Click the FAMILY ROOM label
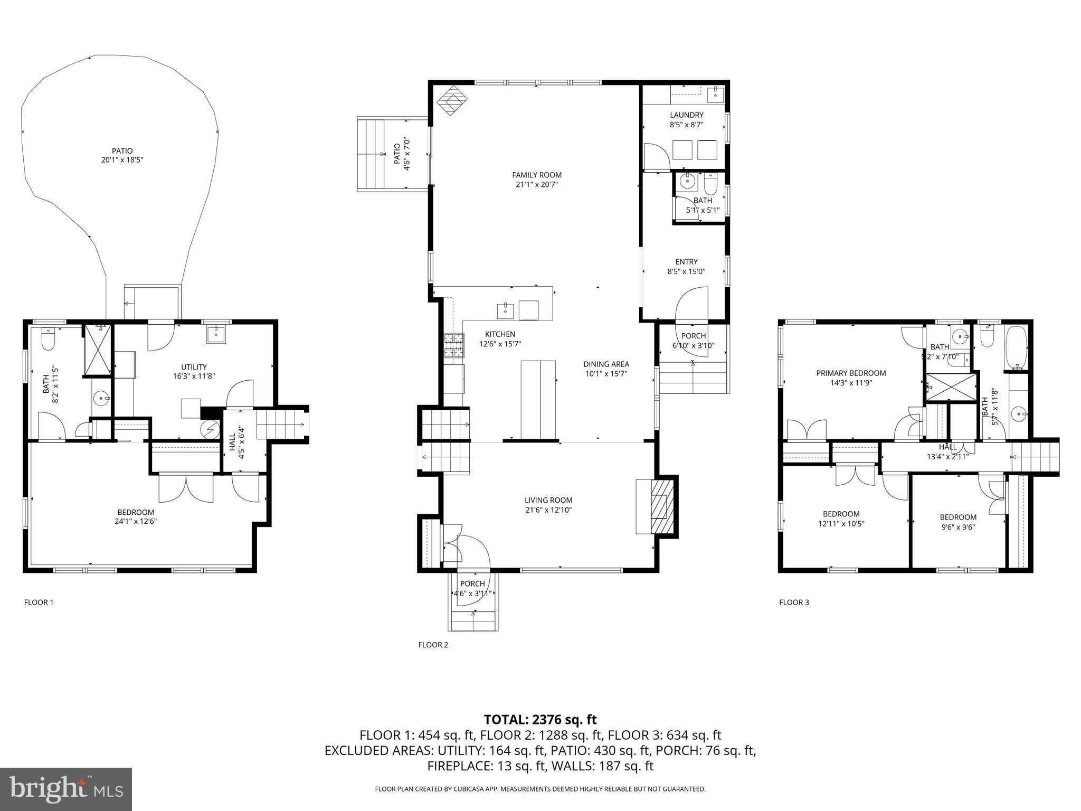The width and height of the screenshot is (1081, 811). click(x=536, y=175)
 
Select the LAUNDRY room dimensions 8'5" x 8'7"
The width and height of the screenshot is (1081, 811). click(x=686, y=125)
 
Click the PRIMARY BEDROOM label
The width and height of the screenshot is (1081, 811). click(x=851, y=373)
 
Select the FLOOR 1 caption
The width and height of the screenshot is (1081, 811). click(x=39, y=602)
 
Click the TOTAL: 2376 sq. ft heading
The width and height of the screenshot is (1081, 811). click(x=540, y=719)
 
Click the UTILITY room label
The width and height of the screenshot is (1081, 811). click(x=194, y=367)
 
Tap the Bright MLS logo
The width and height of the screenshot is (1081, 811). click(x=66, y=789)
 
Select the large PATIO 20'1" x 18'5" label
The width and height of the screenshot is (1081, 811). click(x=122, y=155)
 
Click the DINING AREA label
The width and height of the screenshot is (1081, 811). click(x=606, y=364)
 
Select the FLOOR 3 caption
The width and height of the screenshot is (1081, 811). click(x=794, y=602)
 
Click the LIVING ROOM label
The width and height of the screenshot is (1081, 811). click(x=548, y=500)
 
